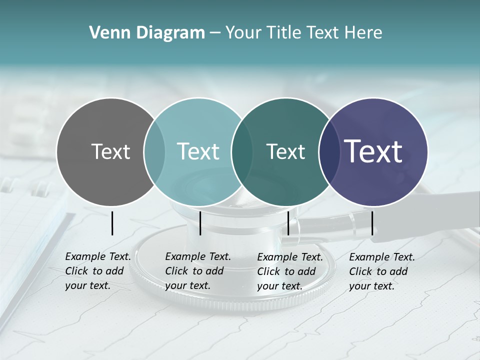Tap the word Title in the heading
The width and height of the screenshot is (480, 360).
click(x=284, y=33)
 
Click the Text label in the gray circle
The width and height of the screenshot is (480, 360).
click(x=110, y=151)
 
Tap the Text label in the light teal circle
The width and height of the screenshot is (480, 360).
click(x=198, y=151)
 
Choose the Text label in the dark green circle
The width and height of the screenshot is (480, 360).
click(x=285, y=151)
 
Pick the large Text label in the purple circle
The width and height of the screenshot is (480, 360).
click(x=373, y=151)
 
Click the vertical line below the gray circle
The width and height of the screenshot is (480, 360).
click(x=112, y=223)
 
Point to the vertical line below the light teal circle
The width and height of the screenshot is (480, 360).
click(x=200, y=223)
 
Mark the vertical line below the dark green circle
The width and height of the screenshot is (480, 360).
click(x=288, y=223)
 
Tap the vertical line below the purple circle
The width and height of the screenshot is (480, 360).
click(x=372, y=223)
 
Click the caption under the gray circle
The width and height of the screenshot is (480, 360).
click(x=97, y=271)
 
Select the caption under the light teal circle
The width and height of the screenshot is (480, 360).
click(x=197, y=271)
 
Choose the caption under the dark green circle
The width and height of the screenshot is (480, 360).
click(x=289, y=271)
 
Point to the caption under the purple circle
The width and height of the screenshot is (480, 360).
click(x=381, y=271)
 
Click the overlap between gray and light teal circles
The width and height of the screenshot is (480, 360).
click(x=154, y=152)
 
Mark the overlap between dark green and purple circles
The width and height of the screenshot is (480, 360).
click(x=327, y=152)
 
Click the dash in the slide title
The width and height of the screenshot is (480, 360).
click(x=214, y=33)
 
